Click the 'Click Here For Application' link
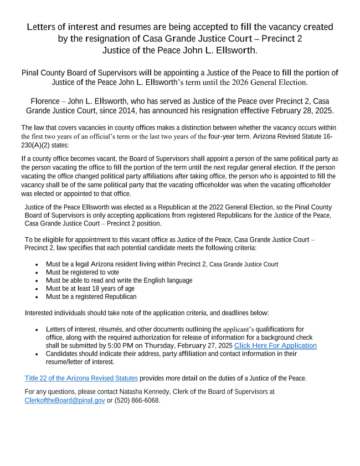pos(275,346)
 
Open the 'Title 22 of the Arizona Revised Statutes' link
pos(81,378)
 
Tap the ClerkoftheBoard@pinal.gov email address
pos(65,400)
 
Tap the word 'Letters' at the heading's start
pos(45,27)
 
